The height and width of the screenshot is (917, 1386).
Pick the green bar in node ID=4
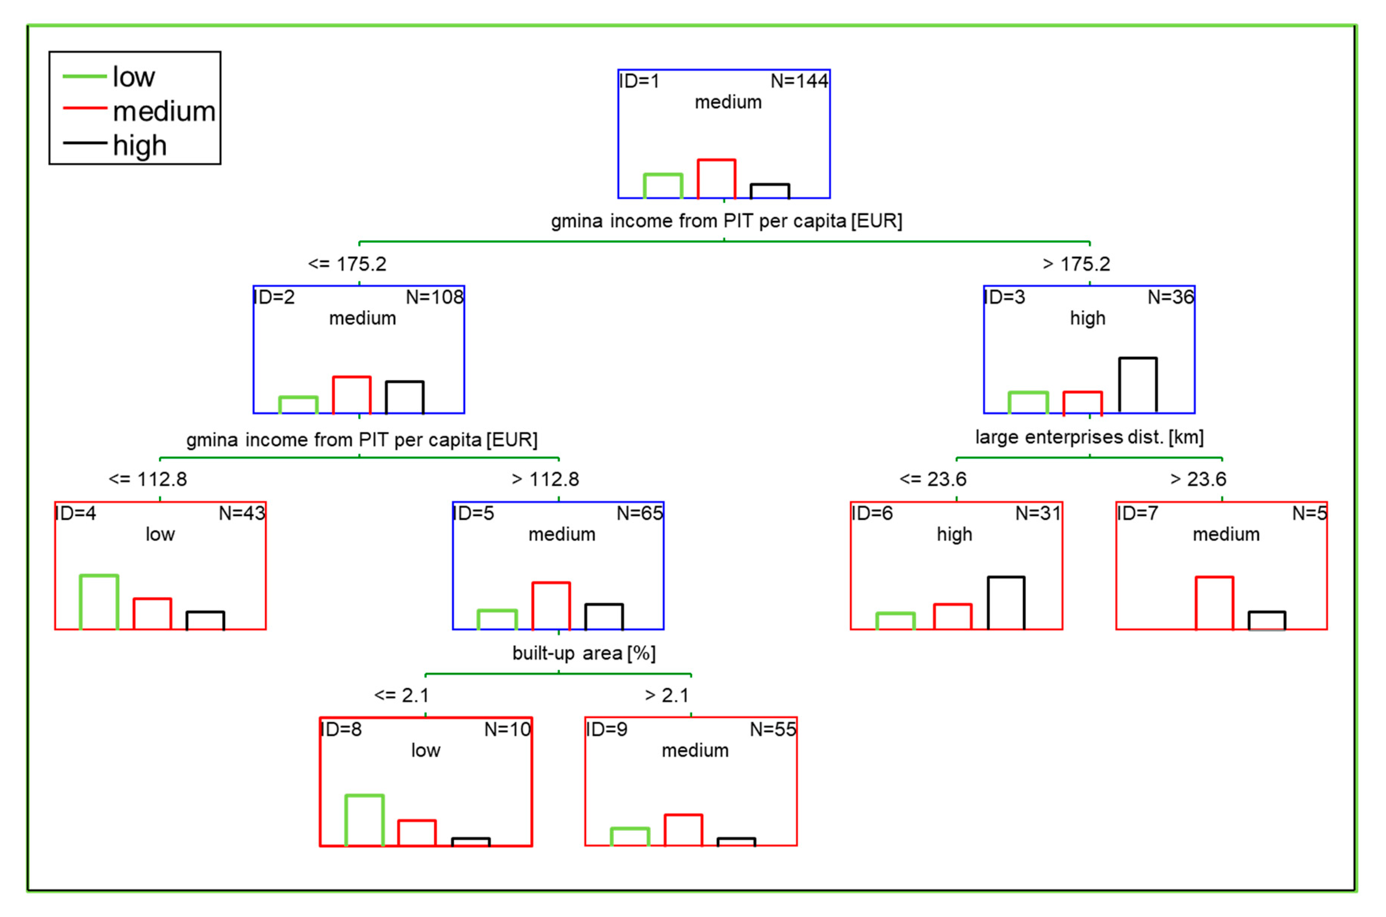[99, 602]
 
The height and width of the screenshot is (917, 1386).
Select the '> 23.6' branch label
[1198, 479]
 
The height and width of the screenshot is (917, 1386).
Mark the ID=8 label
[341, 729]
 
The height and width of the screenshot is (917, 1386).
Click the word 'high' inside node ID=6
[954, 534]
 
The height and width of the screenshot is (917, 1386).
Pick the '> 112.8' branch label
[545, 479]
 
